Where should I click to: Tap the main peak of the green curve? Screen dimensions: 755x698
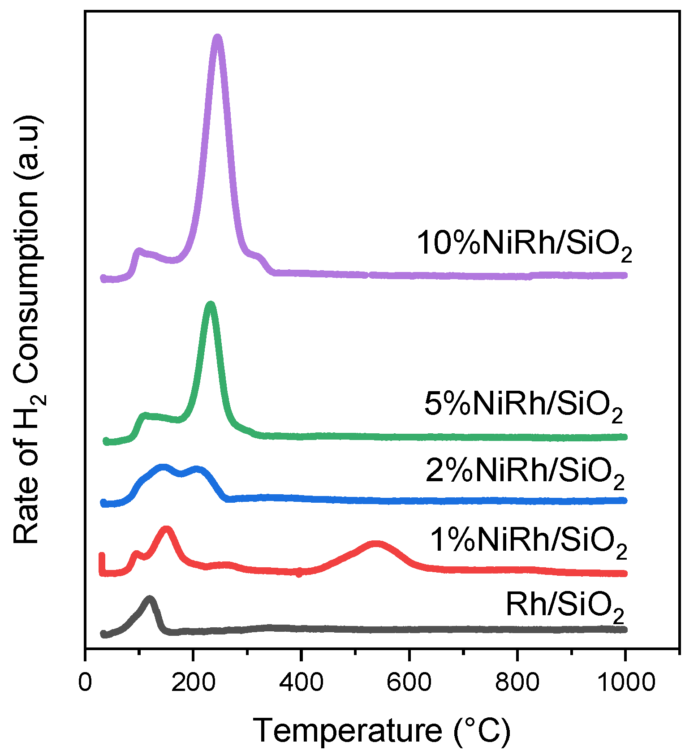210,305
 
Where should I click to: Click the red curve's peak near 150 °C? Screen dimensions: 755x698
166,530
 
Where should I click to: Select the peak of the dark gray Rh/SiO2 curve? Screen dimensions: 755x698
150,599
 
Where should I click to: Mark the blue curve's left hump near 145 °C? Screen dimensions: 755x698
162,468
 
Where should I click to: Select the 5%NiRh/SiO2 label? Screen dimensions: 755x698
523,405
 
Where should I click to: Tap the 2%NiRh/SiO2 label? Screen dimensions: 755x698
525,471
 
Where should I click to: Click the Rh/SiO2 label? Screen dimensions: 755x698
564,606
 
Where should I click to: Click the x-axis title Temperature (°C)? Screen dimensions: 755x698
382,731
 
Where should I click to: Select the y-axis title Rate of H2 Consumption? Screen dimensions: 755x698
27,329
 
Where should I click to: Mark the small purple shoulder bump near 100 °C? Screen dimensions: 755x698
138,251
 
